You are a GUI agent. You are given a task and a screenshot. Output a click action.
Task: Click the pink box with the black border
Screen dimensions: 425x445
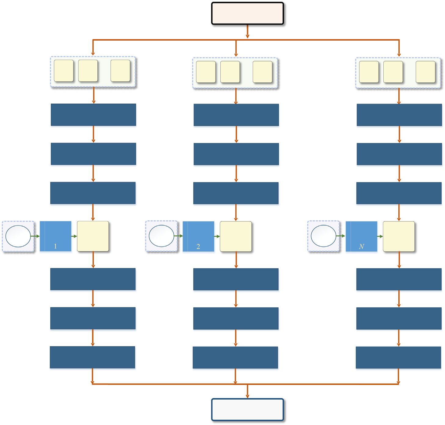point(248,13)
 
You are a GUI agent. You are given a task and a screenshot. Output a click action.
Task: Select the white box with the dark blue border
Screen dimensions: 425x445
point(248,410)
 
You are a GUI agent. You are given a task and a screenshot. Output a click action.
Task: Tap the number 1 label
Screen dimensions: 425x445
point(55,246)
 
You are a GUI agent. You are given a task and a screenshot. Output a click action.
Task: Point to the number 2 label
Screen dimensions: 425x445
point(198,247)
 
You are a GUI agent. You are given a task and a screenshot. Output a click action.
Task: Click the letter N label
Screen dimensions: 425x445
point(362,247)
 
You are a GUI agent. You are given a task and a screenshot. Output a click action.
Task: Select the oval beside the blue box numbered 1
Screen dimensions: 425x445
point(18,236)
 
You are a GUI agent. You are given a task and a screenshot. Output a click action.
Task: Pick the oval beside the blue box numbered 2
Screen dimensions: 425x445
point(161,236)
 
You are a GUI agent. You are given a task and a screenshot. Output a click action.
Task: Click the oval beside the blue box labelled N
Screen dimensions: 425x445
point(324,236)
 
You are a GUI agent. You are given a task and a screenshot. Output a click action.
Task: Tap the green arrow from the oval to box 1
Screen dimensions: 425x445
point(35,236)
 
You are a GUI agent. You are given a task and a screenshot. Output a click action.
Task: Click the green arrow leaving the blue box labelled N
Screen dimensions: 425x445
point(380,236)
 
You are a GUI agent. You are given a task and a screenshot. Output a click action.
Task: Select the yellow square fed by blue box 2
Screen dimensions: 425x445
point(236,236)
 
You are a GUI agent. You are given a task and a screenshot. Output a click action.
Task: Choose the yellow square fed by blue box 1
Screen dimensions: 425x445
point(93,236)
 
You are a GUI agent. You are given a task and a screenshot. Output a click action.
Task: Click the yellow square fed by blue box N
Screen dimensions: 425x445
point(399,236)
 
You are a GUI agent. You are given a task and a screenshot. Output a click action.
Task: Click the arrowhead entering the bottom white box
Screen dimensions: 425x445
point(248,396)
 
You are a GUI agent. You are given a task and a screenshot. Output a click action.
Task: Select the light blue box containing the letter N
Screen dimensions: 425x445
point(362,236)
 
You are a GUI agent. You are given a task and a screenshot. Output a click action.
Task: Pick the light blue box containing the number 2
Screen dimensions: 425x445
point(199,236)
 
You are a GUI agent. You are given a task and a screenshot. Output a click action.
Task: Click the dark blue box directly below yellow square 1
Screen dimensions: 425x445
point(93,279)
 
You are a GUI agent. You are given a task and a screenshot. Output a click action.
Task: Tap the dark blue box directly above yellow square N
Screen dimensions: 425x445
point(399,193)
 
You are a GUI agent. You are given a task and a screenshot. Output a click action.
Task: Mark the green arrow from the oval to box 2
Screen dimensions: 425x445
point(179,236)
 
